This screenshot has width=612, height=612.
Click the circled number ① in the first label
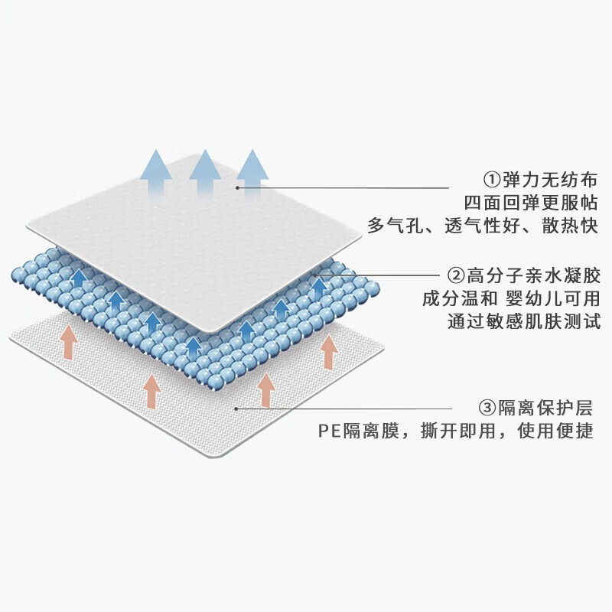[491, 180]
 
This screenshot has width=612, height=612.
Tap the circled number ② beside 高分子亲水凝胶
[455, 276]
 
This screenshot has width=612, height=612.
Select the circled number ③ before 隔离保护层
[487, 409]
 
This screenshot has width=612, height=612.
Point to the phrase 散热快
[570, 226]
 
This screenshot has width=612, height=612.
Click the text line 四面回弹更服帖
[531, 203]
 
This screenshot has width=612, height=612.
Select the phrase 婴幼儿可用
[552, 299]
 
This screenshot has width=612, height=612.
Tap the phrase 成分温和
[460, 299]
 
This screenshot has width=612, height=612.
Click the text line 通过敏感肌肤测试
[524, 321]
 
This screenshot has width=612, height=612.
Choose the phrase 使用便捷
[555, 431]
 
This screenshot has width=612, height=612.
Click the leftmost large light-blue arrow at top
[156, 171]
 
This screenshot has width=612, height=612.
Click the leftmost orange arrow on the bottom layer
[69, 342]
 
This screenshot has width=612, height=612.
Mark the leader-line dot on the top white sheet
[237, 187]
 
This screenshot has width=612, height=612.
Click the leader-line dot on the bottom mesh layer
[236, 409]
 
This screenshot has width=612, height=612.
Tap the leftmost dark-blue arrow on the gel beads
[80, 278]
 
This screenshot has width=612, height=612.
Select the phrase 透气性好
[483, 226]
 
